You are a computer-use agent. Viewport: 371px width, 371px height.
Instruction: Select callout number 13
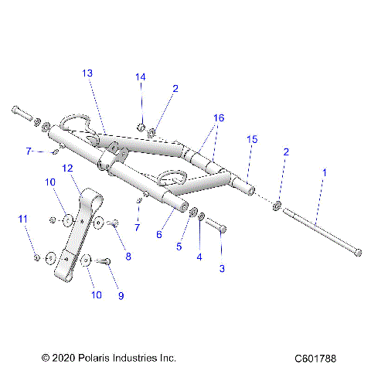coord(87,73)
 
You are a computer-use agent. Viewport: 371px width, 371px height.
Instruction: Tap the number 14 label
coord(140,77)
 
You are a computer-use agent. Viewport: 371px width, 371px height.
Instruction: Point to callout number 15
coord(250,139)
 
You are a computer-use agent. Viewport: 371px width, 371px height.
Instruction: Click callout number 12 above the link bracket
coord(67,168)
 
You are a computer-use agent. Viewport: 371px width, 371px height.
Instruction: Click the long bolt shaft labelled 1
coord(317,225)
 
